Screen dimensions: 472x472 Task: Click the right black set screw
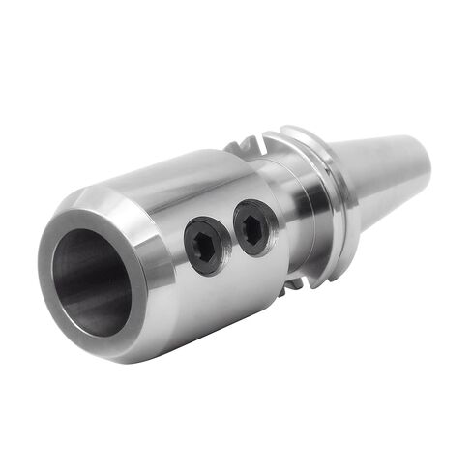pos(254,229)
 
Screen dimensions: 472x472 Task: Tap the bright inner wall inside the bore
pos(106,290)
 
